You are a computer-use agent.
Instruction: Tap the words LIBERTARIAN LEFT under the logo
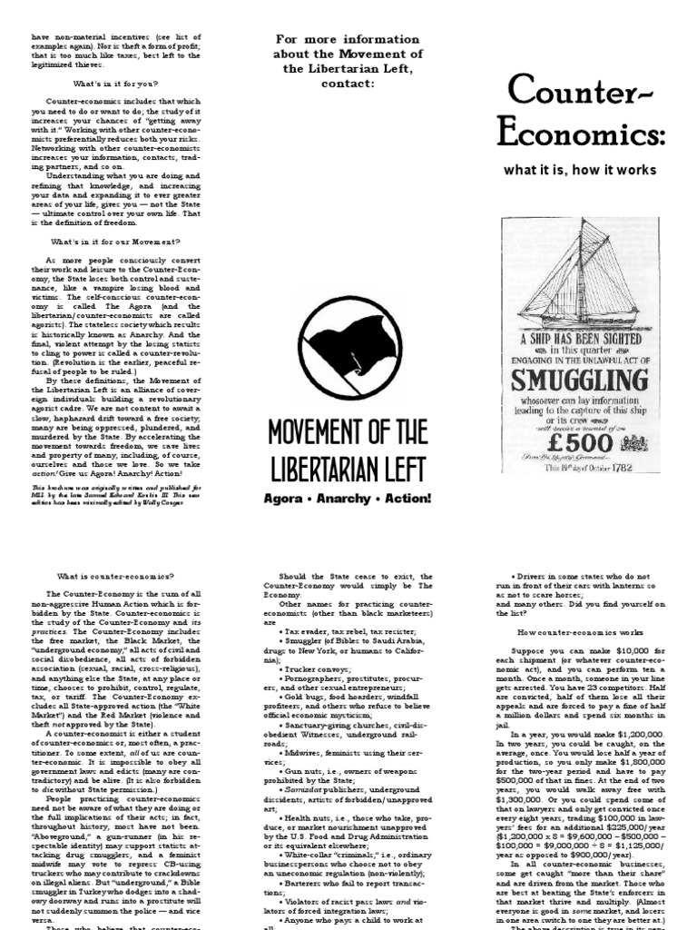tap(348, 469)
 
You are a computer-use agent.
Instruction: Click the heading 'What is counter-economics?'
tap(108, 576)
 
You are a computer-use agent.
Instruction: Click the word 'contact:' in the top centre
tap(348, 84)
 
